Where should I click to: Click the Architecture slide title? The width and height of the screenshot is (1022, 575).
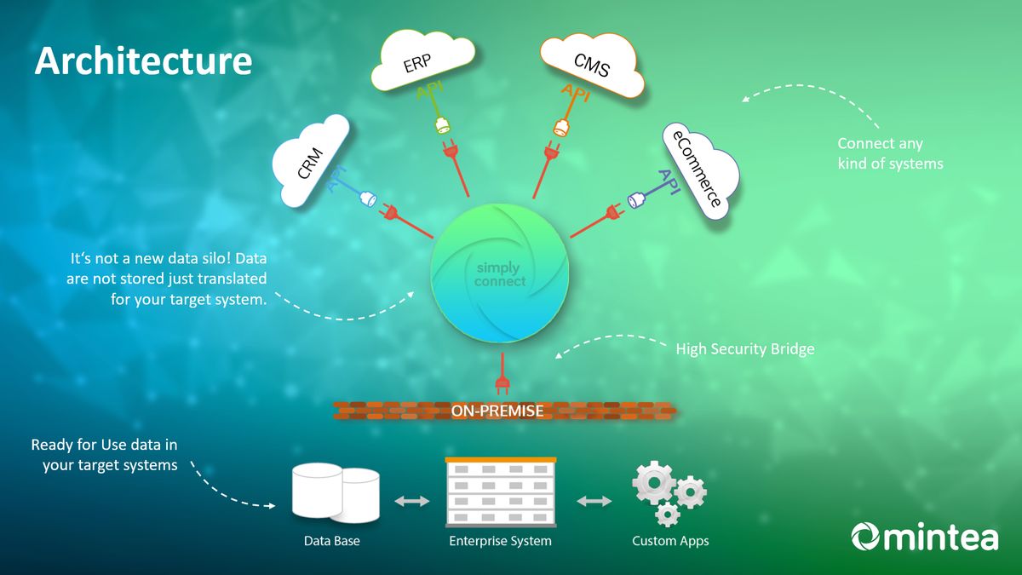(143, 61)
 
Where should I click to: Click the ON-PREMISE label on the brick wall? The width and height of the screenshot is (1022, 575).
(497, 411)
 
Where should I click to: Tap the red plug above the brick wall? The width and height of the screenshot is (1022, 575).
(503, 376)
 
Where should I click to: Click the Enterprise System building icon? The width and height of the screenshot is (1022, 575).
(500, 494)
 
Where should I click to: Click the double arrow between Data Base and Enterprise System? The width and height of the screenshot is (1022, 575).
(412, 502)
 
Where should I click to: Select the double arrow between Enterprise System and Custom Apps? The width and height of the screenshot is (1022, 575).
(594, 502)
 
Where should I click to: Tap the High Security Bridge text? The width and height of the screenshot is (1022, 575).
(744, 349)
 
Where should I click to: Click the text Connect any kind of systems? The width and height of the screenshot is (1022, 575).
(890, 153)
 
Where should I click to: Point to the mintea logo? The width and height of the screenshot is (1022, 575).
(925, 538)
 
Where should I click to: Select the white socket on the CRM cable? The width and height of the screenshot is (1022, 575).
(368, 199)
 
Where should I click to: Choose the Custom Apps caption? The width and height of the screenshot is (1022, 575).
(670, 541)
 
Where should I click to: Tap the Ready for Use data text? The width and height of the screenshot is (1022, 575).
(105, 455)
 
